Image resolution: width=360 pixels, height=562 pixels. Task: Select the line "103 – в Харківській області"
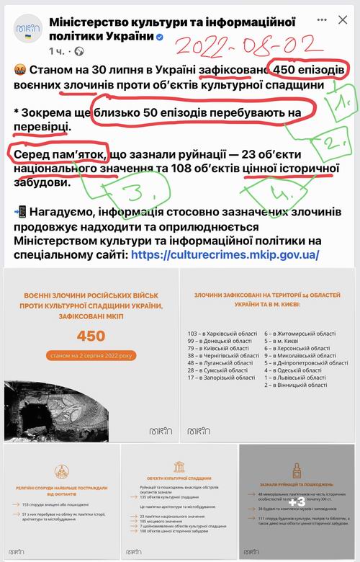pos(222,334)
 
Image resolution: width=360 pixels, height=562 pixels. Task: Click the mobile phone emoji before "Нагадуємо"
pos(19,213)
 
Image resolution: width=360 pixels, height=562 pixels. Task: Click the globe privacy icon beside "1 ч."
pos(79,52)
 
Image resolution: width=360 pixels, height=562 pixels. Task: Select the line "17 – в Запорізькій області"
pos(221,377)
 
